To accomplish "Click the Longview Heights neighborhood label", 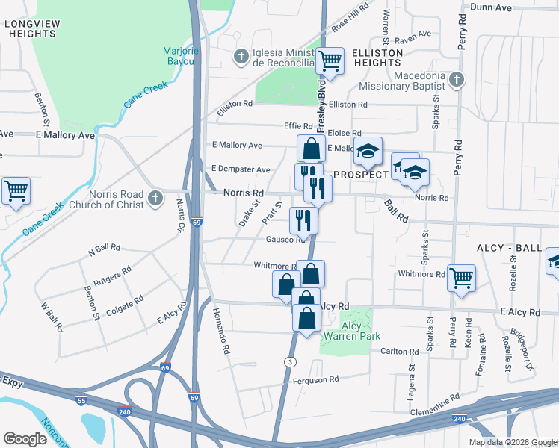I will point(31,28).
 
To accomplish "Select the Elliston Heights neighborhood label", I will point(378,57).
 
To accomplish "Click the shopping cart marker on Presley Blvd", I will point(329,61).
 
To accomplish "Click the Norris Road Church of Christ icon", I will point(155,199).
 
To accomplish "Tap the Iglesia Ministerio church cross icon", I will point(241,56).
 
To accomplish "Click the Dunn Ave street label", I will point(490,7).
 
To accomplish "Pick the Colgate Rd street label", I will point(124,305).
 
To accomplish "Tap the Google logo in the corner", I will point(25,439).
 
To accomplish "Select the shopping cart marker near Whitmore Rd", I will point(461,277).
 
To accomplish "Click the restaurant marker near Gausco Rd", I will point(303,220).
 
